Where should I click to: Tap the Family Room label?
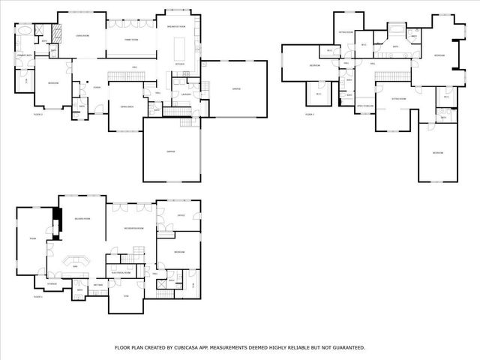[x=130, y=39]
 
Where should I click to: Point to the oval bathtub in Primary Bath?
[x=24, y=32]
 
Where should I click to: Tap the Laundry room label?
[x=184, y=94]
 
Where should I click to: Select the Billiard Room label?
[x=82, y=218]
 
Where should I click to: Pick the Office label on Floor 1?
[x=181, y=216]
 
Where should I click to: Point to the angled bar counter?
[x=76, y=262]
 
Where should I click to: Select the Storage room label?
[x=52, y=283]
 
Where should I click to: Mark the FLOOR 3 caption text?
[x=310, y=114]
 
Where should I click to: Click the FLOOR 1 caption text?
[x=38, y=298]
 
